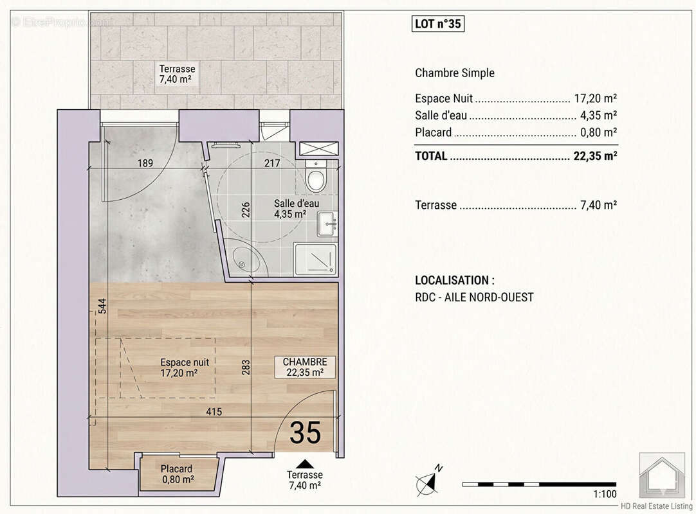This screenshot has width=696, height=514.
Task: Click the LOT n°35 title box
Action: pyautogui.click(x=437, y=24)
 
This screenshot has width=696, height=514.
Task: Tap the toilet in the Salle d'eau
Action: pyautogui.click(x=316, y=176)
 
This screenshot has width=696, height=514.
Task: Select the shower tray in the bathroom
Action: pyautogui.click(x=315, y=259)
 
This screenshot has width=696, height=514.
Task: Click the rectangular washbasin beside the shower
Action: pyautogui.click(x=327, y=224)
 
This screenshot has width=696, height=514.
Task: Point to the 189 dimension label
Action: pyautogui.click(x=145, y=163)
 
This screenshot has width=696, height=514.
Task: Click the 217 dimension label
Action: pyautogui.click(x=272, y=163)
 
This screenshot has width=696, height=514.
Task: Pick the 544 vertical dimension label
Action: pyautogui.click(x=102, y=306)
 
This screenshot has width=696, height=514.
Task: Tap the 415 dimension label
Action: pyautogui.click(x=214, y=412)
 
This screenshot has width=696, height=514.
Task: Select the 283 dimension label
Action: pyautogui.click(x=246, y=367)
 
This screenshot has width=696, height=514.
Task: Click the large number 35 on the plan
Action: pyautogui.click(x=306, y=432)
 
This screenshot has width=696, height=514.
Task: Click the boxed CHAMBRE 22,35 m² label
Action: pyautogui.click(x=304, y=367)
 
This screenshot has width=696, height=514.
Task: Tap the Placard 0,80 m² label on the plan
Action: pyautogui.click(x=178, y=474)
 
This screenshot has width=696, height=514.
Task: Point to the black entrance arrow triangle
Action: pyautogui.click(x=304, y=464)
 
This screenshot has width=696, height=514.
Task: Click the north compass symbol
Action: pyautogui.click(x=428, y=481)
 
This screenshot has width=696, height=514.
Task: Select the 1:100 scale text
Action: pyautogui.click(x=605, y=494)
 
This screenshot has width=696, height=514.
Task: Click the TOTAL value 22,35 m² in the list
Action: pyautogui.click(x=595, y=155)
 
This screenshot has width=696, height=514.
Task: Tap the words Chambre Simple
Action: pyautogui.click(x=455, y=73)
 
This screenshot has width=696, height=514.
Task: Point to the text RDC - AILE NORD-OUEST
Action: pyautogui.click(x=474, y=297)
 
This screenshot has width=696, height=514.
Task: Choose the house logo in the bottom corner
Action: pyautogui.click(x=662, y=475)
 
